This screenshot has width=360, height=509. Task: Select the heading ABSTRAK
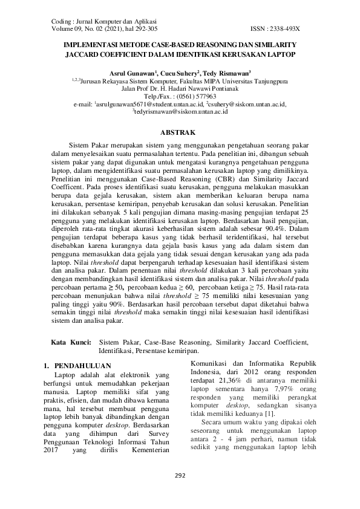[x=180, y=131]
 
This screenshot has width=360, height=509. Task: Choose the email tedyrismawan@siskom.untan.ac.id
[x=180, y=112]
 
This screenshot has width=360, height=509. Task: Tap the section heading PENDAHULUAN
[x=76, y=366]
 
